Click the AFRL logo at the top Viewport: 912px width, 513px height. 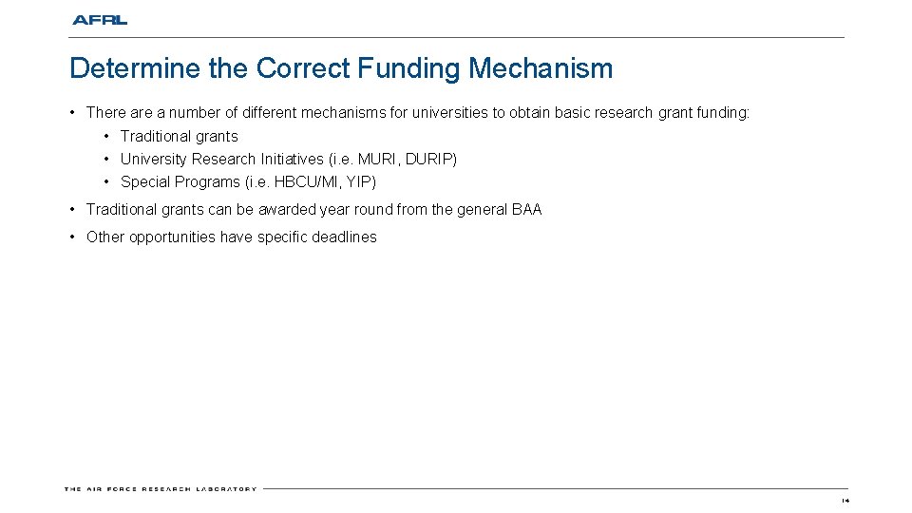[x=99, y=20]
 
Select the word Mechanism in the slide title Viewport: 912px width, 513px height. [x=541, y=69]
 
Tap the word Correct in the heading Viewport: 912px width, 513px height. [x=301, y=69]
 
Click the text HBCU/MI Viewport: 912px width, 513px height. [x=303, y=182]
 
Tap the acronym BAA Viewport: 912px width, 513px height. [x=526, y=210]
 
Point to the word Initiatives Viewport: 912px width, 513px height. [x=292, y=160]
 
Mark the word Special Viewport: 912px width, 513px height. [x=145, y=182]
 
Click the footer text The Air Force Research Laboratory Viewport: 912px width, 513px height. [x=161, y=489]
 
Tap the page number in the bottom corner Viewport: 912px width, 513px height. [x=845, y=500]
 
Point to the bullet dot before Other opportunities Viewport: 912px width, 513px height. [x=73, y=237]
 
